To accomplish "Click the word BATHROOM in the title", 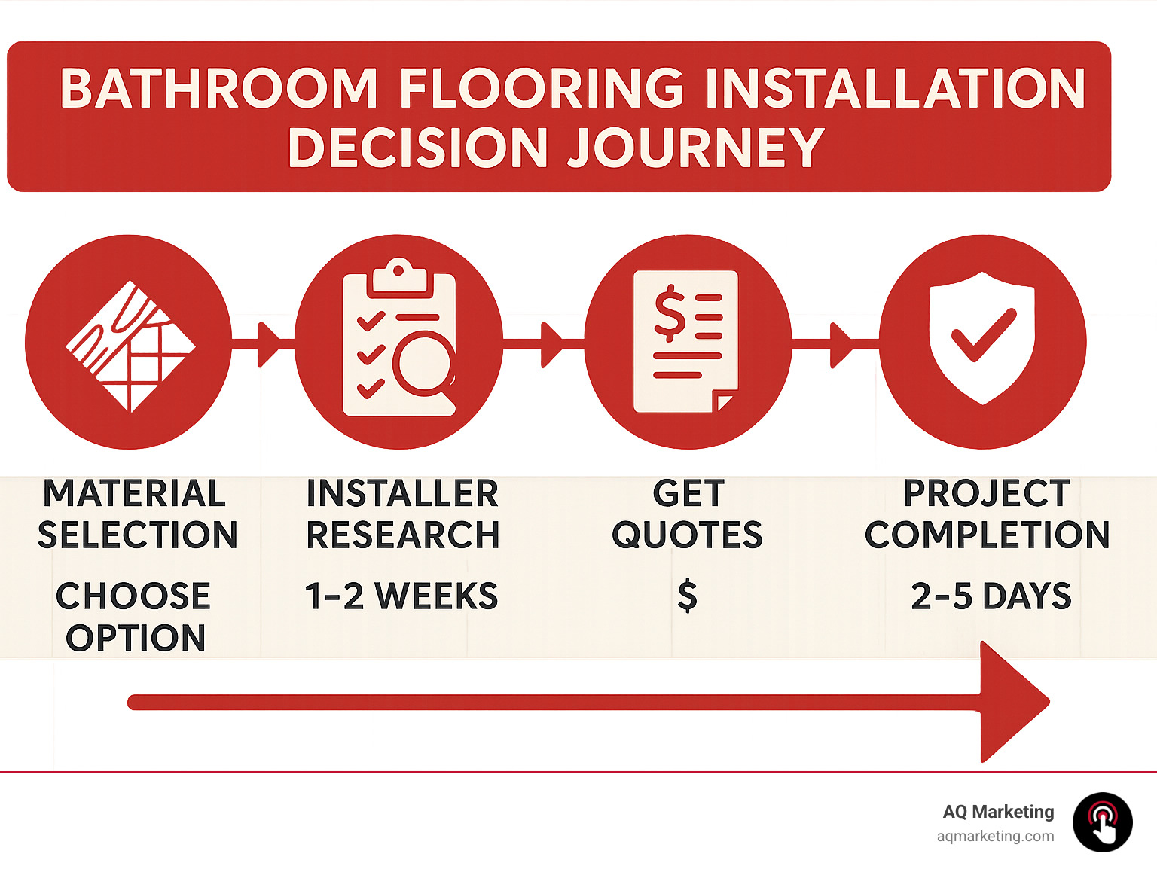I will click(x=218, y=89).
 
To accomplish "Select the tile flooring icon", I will click(x=130, y=346).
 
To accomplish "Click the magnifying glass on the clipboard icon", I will click(x=424, y=363).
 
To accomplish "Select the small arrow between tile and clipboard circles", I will click(x=268, y=344).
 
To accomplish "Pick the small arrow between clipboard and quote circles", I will click(x=551, y=344).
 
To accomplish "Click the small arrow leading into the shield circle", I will click(x=841, y=344).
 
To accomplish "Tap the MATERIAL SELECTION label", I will click(x=137, y=514).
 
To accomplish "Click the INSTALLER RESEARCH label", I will click(x=402, y=514).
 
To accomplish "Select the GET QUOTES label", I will click(x=687, y=514).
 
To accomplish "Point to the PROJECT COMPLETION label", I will click(x=987, y=514).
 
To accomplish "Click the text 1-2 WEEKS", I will click(x=401, y=596).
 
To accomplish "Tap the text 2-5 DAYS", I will click(x=991, y=596).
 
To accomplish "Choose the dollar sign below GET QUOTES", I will click(x=687, y=596).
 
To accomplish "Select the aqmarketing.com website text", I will click(x=995, y=836).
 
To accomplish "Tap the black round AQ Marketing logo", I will click(x=1103, y=822).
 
